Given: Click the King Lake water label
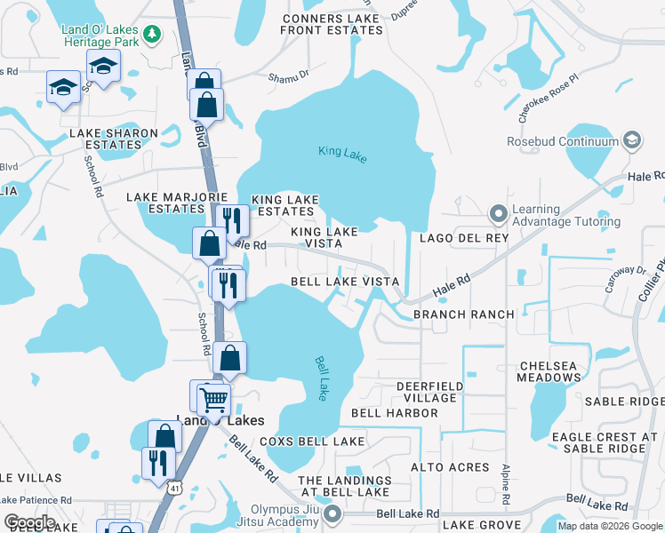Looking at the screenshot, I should pos(342,153).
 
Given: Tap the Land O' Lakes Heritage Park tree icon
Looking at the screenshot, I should pos(153,34).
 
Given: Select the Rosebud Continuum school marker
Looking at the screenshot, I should pos(632,140).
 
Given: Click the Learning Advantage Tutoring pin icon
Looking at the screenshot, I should pos(498,214).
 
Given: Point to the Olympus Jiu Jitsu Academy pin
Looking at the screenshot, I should pos(332,514).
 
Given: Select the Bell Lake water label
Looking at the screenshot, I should pos(323,377).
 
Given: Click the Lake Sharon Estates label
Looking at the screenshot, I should pos(114,139).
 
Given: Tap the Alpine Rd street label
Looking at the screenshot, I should pos(505,481).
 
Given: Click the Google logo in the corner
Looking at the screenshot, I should pos(29,522).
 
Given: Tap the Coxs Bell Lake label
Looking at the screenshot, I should pos(312,442).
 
